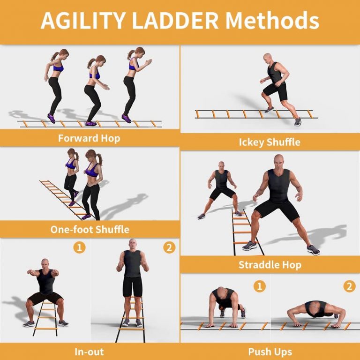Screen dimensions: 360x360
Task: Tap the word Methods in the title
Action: tap(272, 21)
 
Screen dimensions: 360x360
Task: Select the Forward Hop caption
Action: tap(89, 138)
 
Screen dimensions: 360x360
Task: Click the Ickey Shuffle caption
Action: tap(270, 142)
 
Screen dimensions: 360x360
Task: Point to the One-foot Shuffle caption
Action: tap(90, 230)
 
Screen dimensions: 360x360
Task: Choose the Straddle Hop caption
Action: tap(270, 265)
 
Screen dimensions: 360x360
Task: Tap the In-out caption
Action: tap(89, 351)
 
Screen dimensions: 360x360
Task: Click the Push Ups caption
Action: tap(270, 351)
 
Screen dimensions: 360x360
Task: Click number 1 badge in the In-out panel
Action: tap(80, 247)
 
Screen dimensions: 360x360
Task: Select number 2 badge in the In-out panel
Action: tap(169, 247)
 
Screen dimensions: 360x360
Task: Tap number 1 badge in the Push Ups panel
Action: tap(259, 286)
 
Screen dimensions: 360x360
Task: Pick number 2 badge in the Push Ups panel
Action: tap(349, 286)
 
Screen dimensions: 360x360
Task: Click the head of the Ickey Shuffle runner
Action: tap(268, 59)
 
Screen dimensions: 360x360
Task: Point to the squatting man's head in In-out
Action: tap(45, 263)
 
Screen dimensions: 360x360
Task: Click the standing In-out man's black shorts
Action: tap(132, 285)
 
